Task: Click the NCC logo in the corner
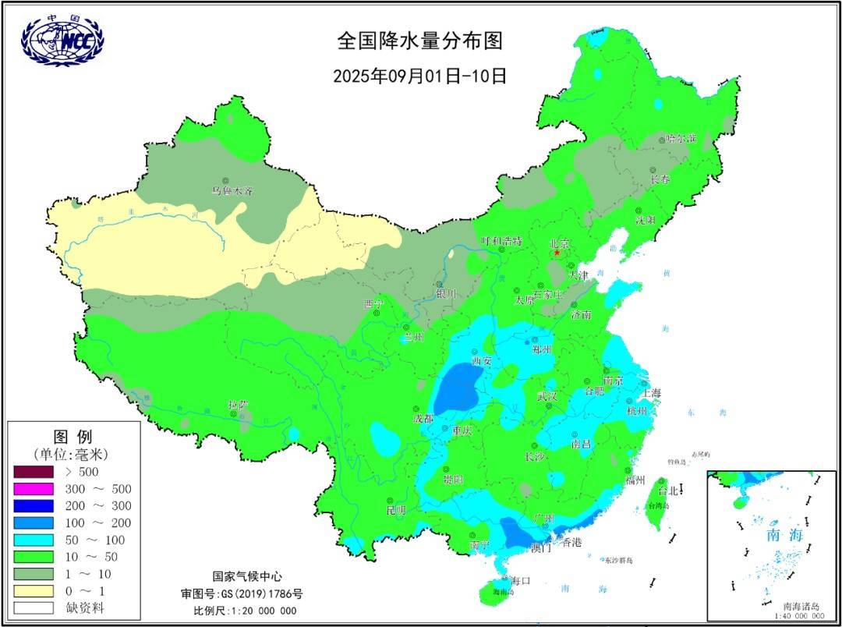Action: click(x=62, y=40)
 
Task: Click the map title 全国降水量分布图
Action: click(x=419, y=40)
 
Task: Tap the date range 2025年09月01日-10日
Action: click(x=419, y=76)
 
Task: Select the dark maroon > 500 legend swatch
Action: click(x=33, y=472)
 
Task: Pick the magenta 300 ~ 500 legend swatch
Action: click(x=33, y=489)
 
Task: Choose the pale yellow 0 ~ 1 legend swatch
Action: click(x=33, y=591)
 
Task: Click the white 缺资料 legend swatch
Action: click(x=33, y=608)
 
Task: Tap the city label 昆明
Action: click(x=396, y=510)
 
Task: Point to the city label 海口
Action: click(x=520, y=581)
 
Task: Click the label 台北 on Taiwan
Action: click(x=669, y=491)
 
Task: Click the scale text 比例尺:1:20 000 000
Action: click(x=245, y=610)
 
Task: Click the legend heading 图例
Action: click(x=73, y=436)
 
